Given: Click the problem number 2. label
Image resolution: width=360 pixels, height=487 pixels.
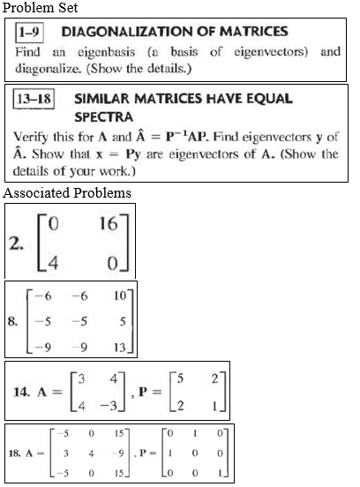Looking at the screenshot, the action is click(16, 244).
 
